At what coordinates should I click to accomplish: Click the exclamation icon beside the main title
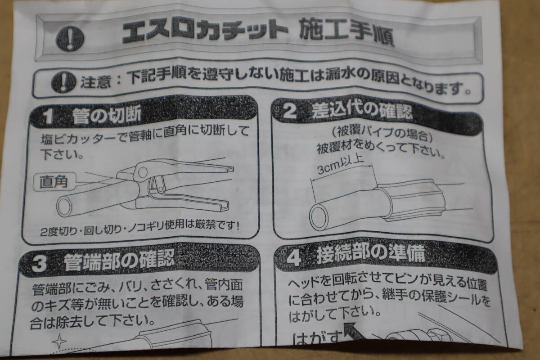(x=70, y=39)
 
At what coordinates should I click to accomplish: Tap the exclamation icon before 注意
(x=63, y=82)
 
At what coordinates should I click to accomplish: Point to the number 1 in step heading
(x=49, y=117)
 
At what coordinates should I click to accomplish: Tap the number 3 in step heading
(x=39, y=264)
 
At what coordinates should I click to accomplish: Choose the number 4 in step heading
(x=293, y=258)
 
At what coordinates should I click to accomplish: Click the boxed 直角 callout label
(x=54, y=182)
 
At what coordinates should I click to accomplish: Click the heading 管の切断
(x=107, y=116)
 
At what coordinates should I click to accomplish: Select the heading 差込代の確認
(x=362, y=112)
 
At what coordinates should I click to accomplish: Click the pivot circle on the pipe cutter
(x=143, y=172)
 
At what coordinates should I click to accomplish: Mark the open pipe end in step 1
(x=64, y=207)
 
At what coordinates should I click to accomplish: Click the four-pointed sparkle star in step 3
(x=59, y=342)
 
